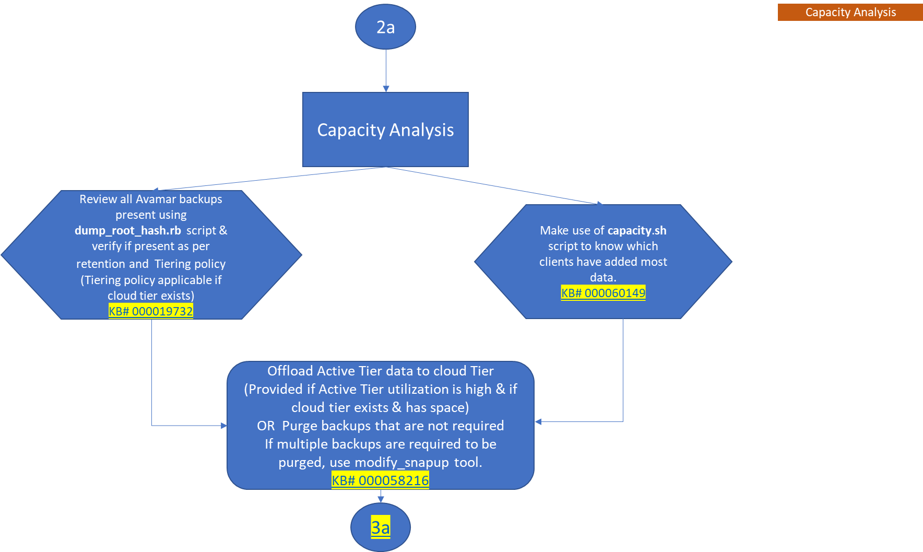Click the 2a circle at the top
pos(385,27)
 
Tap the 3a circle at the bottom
pos(380,527)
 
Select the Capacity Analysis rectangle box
pos(385,130)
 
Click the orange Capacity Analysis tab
pos(850,12)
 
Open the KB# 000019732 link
pos(151,311)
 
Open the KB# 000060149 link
pos(603,293)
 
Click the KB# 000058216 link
pos(380,480)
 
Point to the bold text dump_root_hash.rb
pos(128,230)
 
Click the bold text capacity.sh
pos(637,230)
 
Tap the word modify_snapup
pos(401,463)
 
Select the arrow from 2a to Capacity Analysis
pos(386,71)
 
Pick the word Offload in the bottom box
pos(290,371)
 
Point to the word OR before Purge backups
pos(266,426)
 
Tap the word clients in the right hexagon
pos(557,262)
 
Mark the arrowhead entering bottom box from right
pos(538,421)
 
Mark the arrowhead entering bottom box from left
pos(224,426)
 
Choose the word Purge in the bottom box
pos(300,426)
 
